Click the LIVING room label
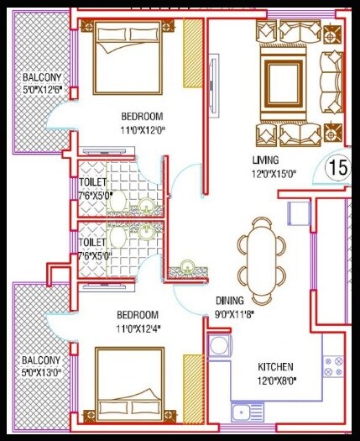265,160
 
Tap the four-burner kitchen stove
332,365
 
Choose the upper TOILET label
92,182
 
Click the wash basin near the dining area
185,269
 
